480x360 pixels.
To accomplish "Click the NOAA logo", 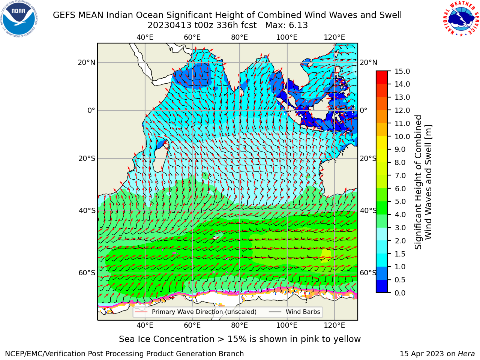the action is pos(19,19).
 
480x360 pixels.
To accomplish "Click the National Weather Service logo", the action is pos(461,19).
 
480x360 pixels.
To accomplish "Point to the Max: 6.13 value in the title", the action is pos(286,25).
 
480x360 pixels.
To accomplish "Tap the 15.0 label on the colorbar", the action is pos(402,71).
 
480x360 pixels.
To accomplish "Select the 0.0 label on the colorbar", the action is pos(400,293).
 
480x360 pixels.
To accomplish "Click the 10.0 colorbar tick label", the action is pos(402,136).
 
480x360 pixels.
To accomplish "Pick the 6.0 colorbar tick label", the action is pos(400,189).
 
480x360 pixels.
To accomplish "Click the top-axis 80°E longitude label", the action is pos(240,37).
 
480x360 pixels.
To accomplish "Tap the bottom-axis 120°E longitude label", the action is pos(334,325).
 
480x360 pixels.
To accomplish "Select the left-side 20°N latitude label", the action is pos(87,63).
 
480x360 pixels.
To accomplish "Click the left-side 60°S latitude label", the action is pos(87,273).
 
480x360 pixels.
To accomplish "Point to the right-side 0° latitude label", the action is pos(363,110).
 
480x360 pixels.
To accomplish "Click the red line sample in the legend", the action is pos(141,312).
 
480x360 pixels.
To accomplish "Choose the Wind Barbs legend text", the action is pos(303,312).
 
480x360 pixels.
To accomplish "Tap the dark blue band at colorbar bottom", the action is pos(382,286).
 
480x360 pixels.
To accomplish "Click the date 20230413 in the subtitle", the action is pos(169,25).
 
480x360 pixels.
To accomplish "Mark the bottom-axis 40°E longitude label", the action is pos(145,325).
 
